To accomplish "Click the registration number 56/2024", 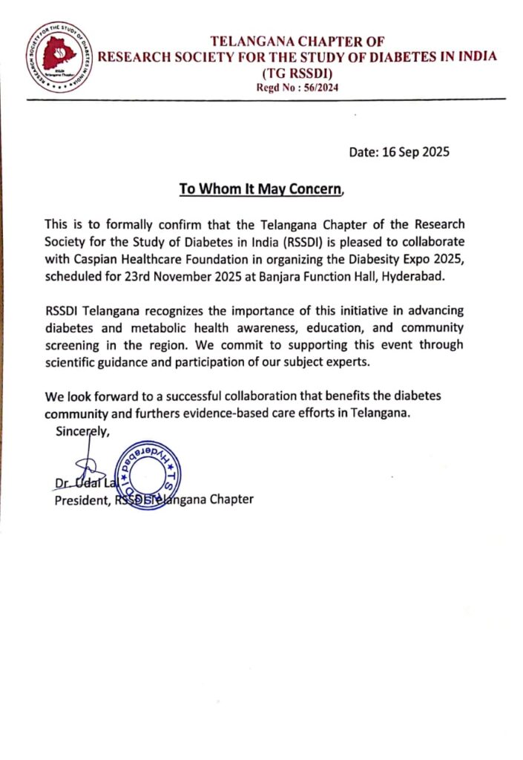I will [x=318, y=88].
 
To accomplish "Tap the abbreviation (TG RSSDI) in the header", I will [x=297, y=73].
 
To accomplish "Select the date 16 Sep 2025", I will [x=415, y=152].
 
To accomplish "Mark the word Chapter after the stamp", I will [x=231, y=499].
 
